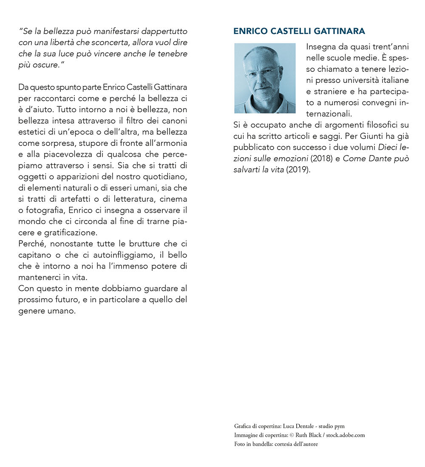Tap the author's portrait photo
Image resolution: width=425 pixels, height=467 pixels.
pyautogui.click(x=265, y=78)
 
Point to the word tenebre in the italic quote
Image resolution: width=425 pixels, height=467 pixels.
pyautogui.click(x=173, y=54)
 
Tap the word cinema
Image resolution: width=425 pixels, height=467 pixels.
pyautogui.click(x=174, y=199)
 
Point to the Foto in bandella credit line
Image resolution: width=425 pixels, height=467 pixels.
pyautogui.click(x=276, y=444)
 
